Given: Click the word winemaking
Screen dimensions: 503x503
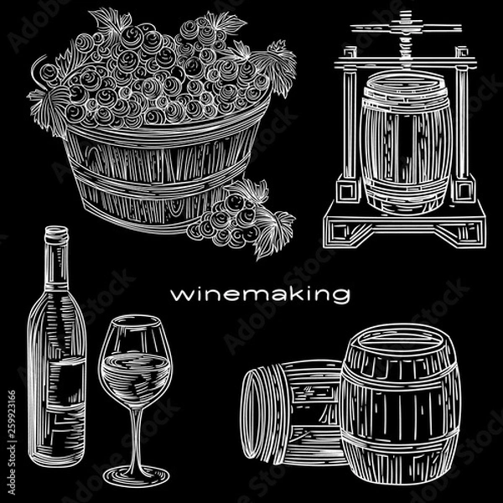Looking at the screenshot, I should (259, 295).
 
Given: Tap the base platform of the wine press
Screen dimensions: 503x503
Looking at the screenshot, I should (402, 229).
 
